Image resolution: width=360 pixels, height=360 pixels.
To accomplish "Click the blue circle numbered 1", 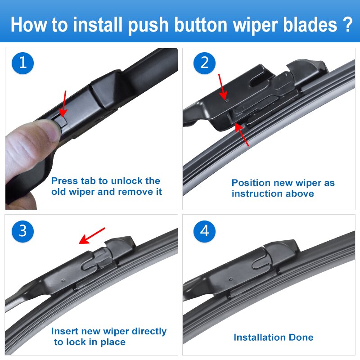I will tap(23, 63).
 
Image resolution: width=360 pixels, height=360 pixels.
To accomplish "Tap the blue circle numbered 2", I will tap(205, 63).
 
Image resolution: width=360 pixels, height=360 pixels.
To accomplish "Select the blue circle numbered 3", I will tap(23, 231).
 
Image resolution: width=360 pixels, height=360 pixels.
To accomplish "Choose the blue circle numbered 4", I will tap(205, 231).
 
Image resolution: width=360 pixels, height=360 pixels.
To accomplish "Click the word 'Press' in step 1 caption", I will tap(64, 181).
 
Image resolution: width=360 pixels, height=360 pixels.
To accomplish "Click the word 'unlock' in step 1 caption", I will tap(127, 181).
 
